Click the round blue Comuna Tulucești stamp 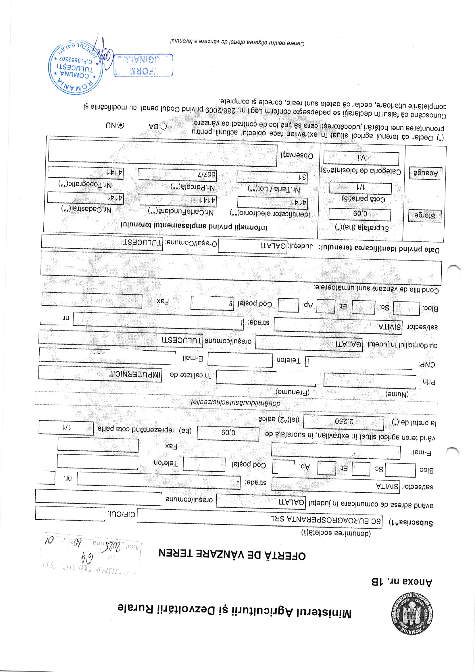(76, 68)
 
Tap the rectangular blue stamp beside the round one (143, 65)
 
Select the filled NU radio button (121, 125)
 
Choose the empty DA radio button (164, 126)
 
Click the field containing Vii (361, 158)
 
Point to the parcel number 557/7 (177, 175)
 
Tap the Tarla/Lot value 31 (272, 177)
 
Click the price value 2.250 (344, 422)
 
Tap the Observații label (297, 155)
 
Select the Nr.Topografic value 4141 (85, 172)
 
